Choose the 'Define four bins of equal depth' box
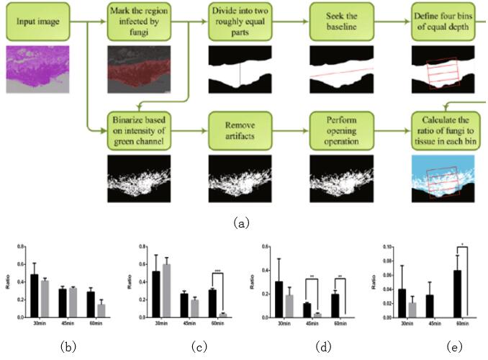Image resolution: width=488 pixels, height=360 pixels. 443,22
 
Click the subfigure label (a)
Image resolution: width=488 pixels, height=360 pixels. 242,222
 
